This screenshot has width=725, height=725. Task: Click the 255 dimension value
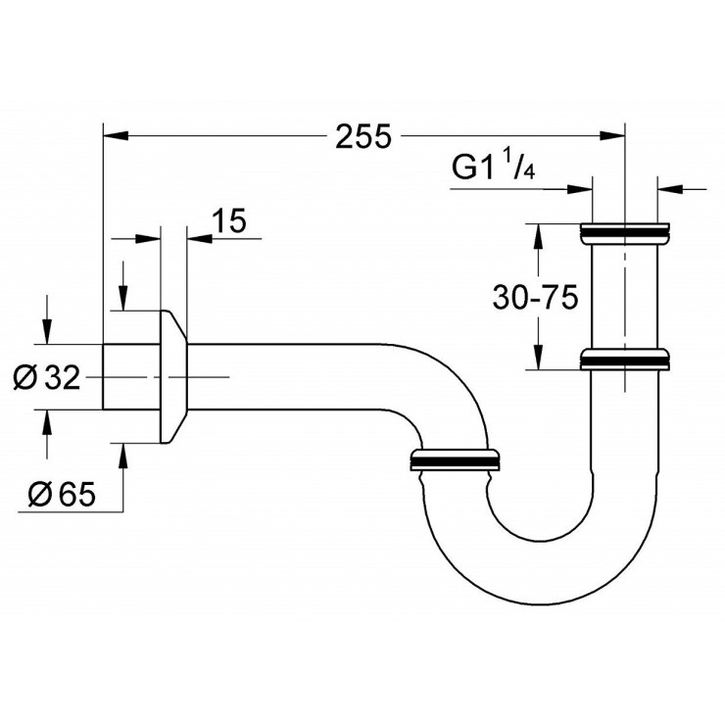pyautogui.click(x=362, y=137)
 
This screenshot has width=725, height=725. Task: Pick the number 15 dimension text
pyautogui.click(x=227, y=221)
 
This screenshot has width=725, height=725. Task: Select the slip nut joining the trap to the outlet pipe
pyautogui.click(x=457, y=460)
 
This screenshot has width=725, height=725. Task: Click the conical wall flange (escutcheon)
pyautogui.click(x=171, y=377)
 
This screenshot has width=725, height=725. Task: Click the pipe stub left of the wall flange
pyautogui.click(x=130, y=377)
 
